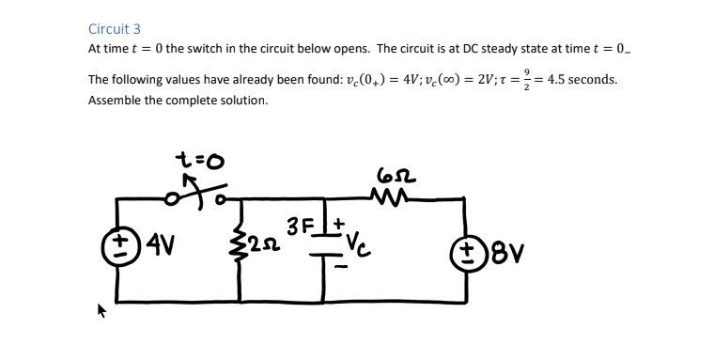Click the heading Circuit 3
[x=114, y=29]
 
